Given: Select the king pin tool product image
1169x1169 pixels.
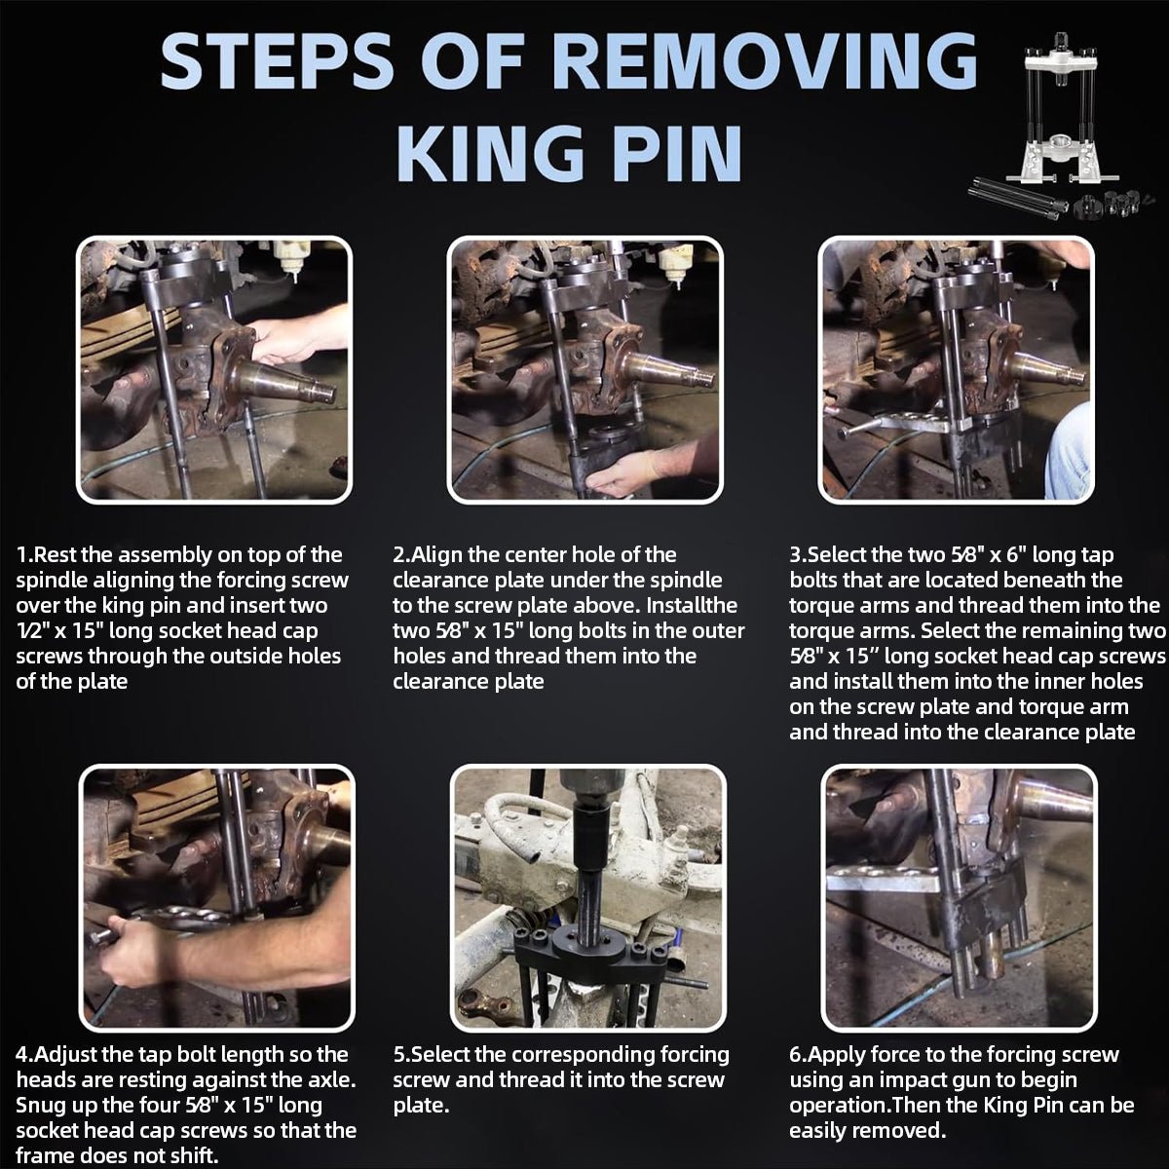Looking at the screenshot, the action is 1065,134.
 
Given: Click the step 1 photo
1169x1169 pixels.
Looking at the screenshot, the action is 214,370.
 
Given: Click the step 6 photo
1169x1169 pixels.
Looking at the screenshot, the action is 960,898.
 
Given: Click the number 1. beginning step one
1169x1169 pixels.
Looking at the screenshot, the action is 25,555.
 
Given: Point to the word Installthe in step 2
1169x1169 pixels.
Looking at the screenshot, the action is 692,605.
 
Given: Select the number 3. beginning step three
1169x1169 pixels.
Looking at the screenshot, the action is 799,555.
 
